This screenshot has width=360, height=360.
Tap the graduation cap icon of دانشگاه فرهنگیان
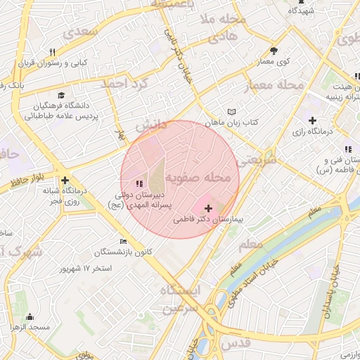[61, 95]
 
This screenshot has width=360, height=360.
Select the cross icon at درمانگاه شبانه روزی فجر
[65, 180]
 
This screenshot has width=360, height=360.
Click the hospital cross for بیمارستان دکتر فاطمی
[208, 208]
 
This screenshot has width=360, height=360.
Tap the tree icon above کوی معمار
[274, 51]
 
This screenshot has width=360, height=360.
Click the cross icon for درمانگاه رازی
[312, 120]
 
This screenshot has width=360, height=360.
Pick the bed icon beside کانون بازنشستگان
[124, 241]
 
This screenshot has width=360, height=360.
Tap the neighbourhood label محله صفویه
[198, 179]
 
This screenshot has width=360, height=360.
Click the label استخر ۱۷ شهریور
[86, 269]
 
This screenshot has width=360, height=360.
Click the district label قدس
[236, 342]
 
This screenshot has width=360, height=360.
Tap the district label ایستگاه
[180, 290]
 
